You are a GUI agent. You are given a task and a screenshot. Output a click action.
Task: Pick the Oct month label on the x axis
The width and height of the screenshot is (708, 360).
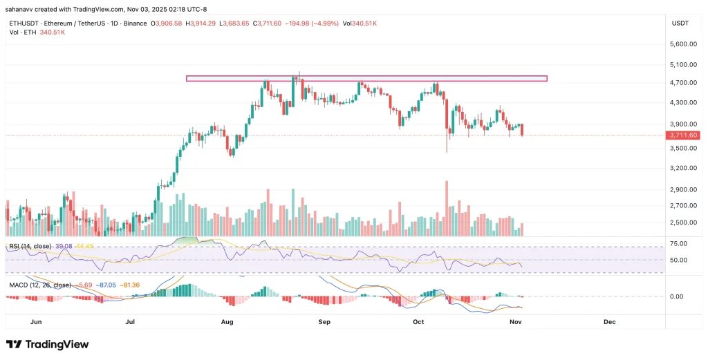tap(418, 322)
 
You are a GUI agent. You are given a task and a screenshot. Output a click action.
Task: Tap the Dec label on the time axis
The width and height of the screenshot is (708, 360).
tap(609, 322)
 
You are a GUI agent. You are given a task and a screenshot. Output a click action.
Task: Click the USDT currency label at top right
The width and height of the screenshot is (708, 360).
tap(680, 23)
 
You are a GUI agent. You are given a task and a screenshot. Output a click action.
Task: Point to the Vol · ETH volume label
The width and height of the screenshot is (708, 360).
tap(23, 32)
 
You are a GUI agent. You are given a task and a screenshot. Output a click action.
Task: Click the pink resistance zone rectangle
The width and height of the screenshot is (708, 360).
tap(366, 79)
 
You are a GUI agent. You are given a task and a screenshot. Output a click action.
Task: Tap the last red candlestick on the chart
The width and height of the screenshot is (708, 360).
tap(522, 129)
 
